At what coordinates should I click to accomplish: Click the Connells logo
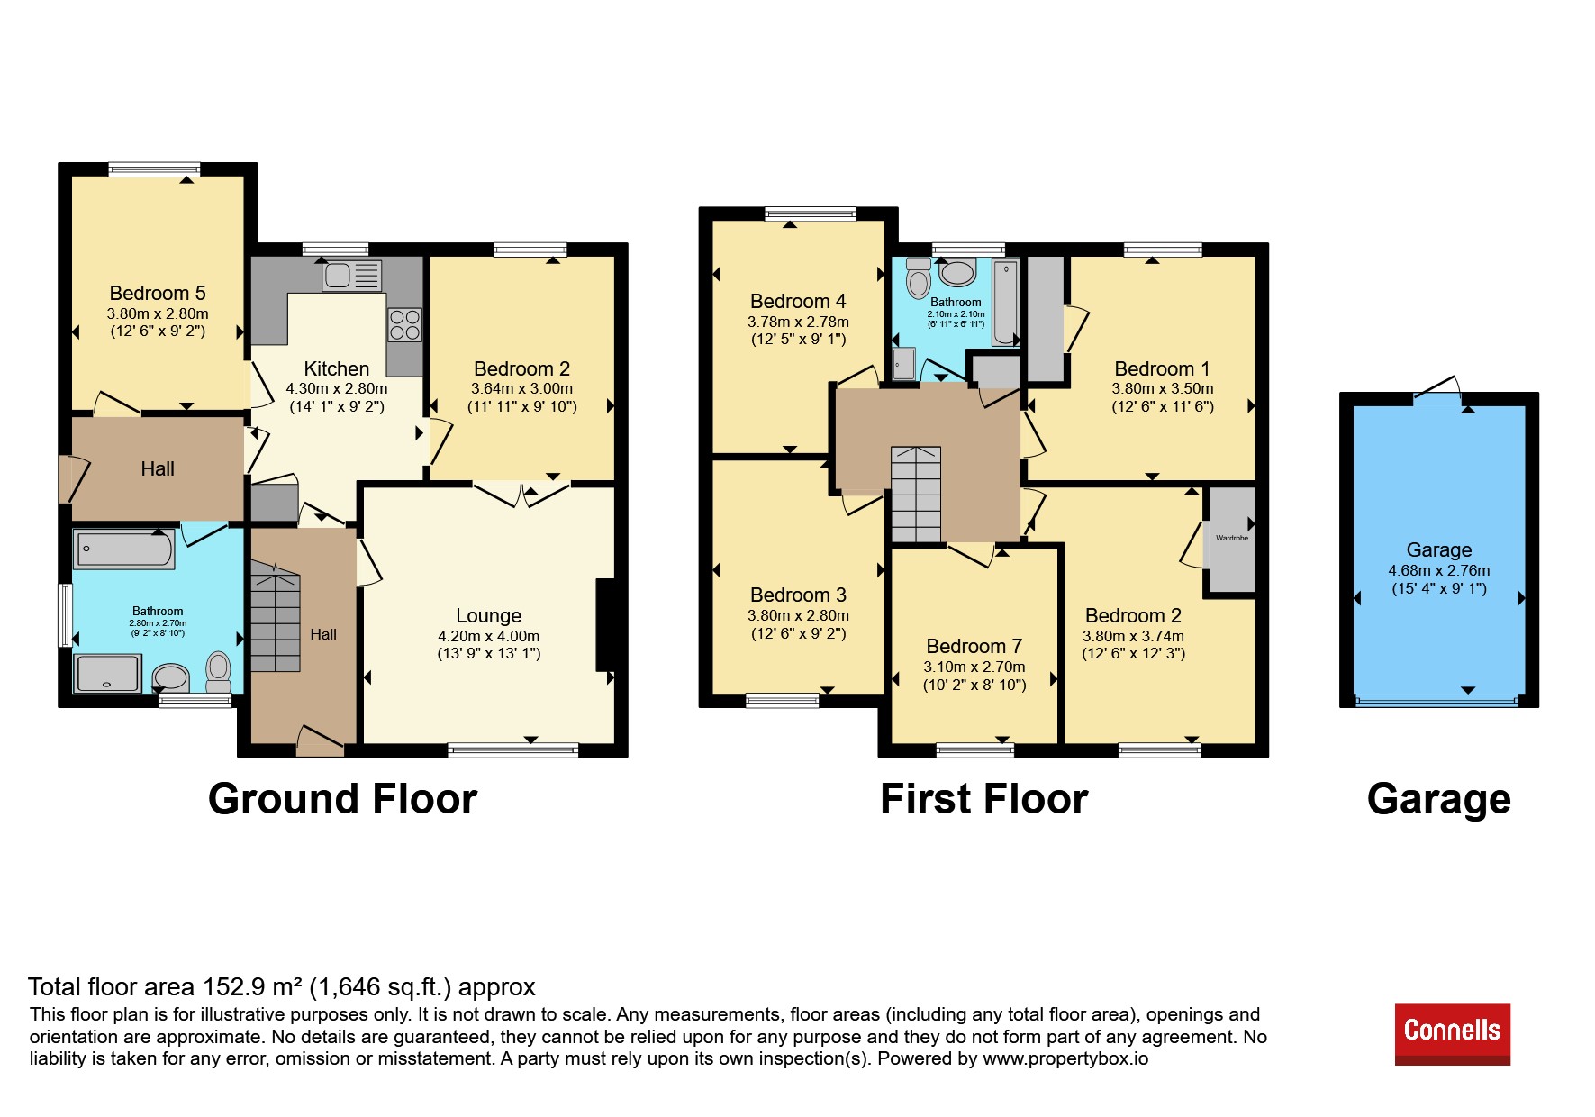pyautogui.click(x=1452, y=1034)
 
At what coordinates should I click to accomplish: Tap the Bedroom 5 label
pyautogui.click(x=158, y=294)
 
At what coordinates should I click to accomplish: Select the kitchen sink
pyautogui.click(x=351, y=276)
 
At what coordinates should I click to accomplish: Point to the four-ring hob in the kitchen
pyautogui.click(x=404, y=325)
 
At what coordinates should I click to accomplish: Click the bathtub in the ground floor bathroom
pyautogui.click(x=124, y=549)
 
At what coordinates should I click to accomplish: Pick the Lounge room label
pyautogui.click(x=489, y=616)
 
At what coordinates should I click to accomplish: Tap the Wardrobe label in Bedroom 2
pyautogui.click(x=1232, y=539)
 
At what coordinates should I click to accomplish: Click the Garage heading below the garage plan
pyautogui.click(x=1439, y=799)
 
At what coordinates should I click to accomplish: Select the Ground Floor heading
pyautogui.click(x=342, y=799)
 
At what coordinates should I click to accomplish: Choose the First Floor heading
pyautogui.click(x=984, y=799)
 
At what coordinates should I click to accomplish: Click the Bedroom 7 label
pyautogui.click(x=974, y=647)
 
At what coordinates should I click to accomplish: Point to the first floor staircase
pyautogui.click(x=916, y=495)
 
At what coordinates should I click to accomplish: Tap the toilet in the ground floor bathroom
pyautogui.click(x=219, y=672)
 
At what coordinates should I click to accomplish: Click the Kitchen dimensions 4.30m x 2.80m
pyautogui.click(x=337, y=389)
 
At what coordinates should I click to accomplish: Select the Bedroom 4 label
pyautogui.click(x=798, y=302)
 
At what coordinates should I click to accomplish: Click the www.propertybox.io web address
pyautogui.click(x=1065, y=1059)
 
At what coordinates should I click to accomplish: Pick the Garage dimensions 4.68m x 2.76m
pyautogui.click(x=1439, y=571)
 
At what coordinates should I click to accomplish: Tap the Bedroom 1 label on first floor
pyautogui.click(x=1162, y=369)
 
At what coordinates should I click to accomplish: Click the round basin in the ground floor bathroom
pyautogui.click(x=170, y=677)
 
